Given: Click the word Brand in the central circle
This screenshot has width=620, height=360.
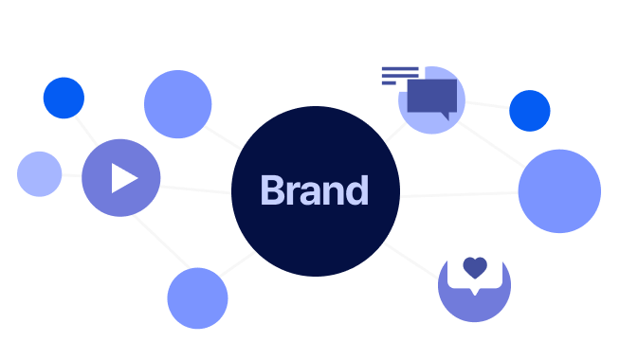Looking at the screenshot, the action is (x=315, y=190).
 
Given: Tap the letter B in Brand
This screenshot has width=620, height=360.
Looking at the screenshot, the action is (x=272, y=190).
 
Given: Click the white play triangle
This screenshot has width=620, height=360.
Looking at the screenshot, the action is (x=124, y=178).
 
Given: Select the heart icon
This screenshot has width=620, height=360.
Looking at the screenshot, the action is (x=475, y=267).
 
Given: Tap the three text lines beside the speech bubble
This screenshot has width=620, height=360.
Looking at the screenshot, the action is (x=400, y=76).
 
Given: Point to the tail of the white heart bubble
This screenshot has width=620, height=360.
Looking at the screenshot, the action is (x=475, y=292).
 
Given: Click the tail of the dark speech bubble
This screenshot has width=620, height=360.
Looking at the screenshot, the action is (x=445, y=117).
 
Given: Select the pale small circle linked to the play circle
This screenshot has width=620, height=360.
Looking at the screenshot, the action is (x=40, y=174).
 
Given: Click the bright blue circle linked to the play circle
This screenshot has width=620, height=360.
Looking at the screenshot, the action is (x=64, y=98).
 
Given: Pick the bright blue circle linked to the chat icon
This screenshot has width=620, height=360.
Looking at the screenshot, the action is (x=529, y=111).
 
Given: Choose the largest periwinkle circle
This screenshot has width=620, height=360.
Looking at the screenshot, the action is (x=559, y=191).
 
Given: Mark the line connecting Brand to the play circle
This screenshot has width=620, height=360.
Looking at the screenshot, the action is (x=195, y=189).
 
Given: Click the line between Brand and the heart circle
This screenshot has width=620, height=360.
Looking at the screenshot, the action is (x=411, y=261).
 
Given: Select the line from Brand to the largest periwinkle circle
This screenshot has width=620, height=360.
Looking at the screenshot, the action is (x=459, y=194).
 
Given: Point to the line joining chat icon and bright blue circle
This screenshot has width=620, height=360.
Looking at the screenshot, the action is (x=487, y=105).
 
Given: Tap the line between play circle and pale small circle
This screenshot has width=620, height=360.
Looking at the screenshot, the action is (x=71, y=175).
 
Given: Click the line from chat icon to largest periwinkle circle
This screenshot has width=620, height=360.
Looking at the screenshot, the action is (x=491, y=144).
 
